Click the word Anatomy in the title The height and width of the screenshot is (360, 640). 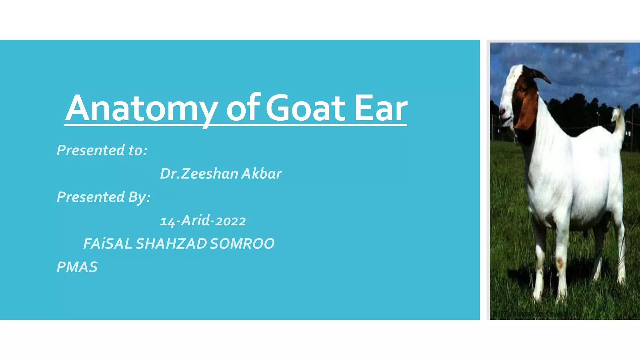pyautogui.click(x=142, y=108)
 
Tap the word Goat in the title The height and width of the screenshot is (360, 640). pyautogui.click(x=305, y=108)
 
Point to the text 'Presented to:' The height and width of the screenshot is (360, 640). pyautogui.click(x=102, y=150)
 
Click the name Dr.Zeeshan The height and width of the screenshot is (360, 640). pyautogui.click(x=199, y=174)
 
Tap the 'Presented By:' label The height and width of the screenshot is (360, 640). pyautogui.click(x=103, y=197)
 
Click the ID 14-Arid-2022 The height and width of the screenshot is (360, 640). pyautogui.click(x=203, y=221)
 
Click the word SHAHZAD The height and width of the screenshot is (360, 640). pyautogui.click(x=171, y=244)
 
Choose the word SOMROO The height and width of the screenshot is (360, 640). pyautogui.click(x=242, y=244)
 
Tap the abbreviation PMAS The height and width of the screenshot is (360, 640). pyautogui.click(x=77, y=267)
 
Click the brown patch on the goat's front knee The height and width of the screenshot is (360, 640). pyautogui.click(x=559, y=262)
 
